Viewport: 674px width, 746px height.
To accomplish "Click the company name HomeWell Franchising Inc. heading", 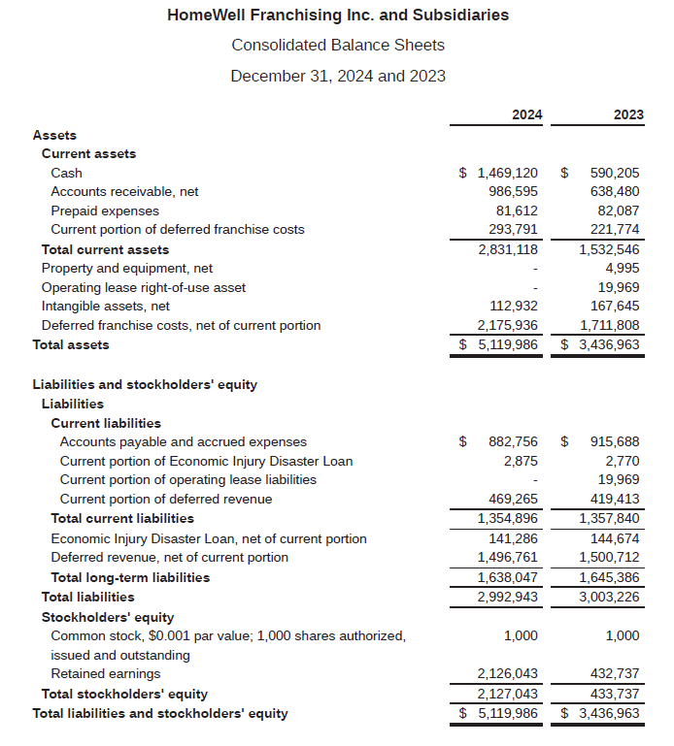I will pos(337,15).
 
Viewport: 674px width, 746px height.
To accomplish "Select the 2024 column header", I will pos(526,114).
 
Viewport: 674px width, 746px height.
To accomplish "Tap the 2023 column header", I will pos(628,114).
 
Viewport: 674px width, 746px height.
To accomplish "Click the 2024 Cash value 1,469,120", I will pos(507,173).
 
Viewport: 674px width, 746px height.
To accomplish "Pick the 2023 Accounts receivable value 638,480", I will pos(615,191).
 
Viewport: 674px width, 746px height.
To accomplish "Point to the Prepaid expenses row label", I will pos(105,211).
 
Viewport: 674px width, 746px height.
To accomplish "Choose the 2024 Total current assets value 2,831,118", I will pos(507,249).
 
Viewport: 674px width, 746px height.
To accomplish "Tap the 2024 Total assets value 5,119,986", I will pos(507,344).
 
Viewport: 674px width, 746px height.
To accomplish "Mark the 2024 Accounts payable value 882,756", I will pos(513,441).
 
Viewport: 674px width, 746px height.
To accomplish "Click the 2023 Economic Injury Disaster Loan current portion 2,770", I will pos(623,460).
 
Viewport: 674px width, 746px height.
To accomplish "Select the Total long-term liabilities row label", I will pos(130,577).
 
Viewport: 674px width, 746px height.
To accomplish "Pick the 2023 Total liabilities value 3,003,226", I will pos(609,597).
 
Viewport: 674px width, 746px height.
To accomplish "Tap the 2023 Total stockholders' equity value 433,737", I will pos(615,694).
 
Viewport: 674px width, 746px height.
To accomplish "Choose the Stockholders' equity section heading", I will pos(108,617).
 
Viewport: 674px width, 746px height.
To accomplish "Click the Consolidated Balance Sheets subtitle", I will pos(337,45).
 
